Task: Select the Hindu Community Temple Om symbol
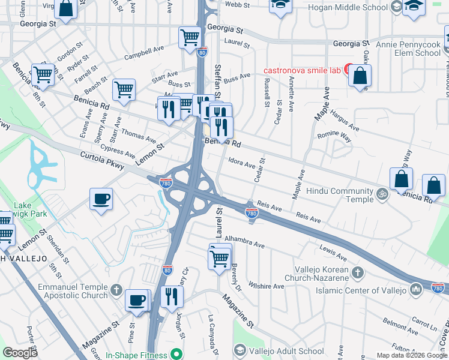coord(381,194)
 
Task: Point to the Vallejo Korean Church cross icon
coord(358,273)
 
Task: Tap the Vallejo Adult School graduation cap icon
coord(240,350)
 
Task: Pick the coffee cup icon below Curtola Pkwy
coord(101,199)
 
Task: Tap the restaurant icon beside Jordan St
coord(172,296)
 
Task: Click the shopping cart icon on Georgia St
coord(190,37)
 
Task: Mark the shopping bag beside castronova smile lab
coord(360,76)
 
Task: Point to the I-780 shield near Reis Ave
coord(252,213)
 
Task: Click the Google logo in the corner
coord(20,352)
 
